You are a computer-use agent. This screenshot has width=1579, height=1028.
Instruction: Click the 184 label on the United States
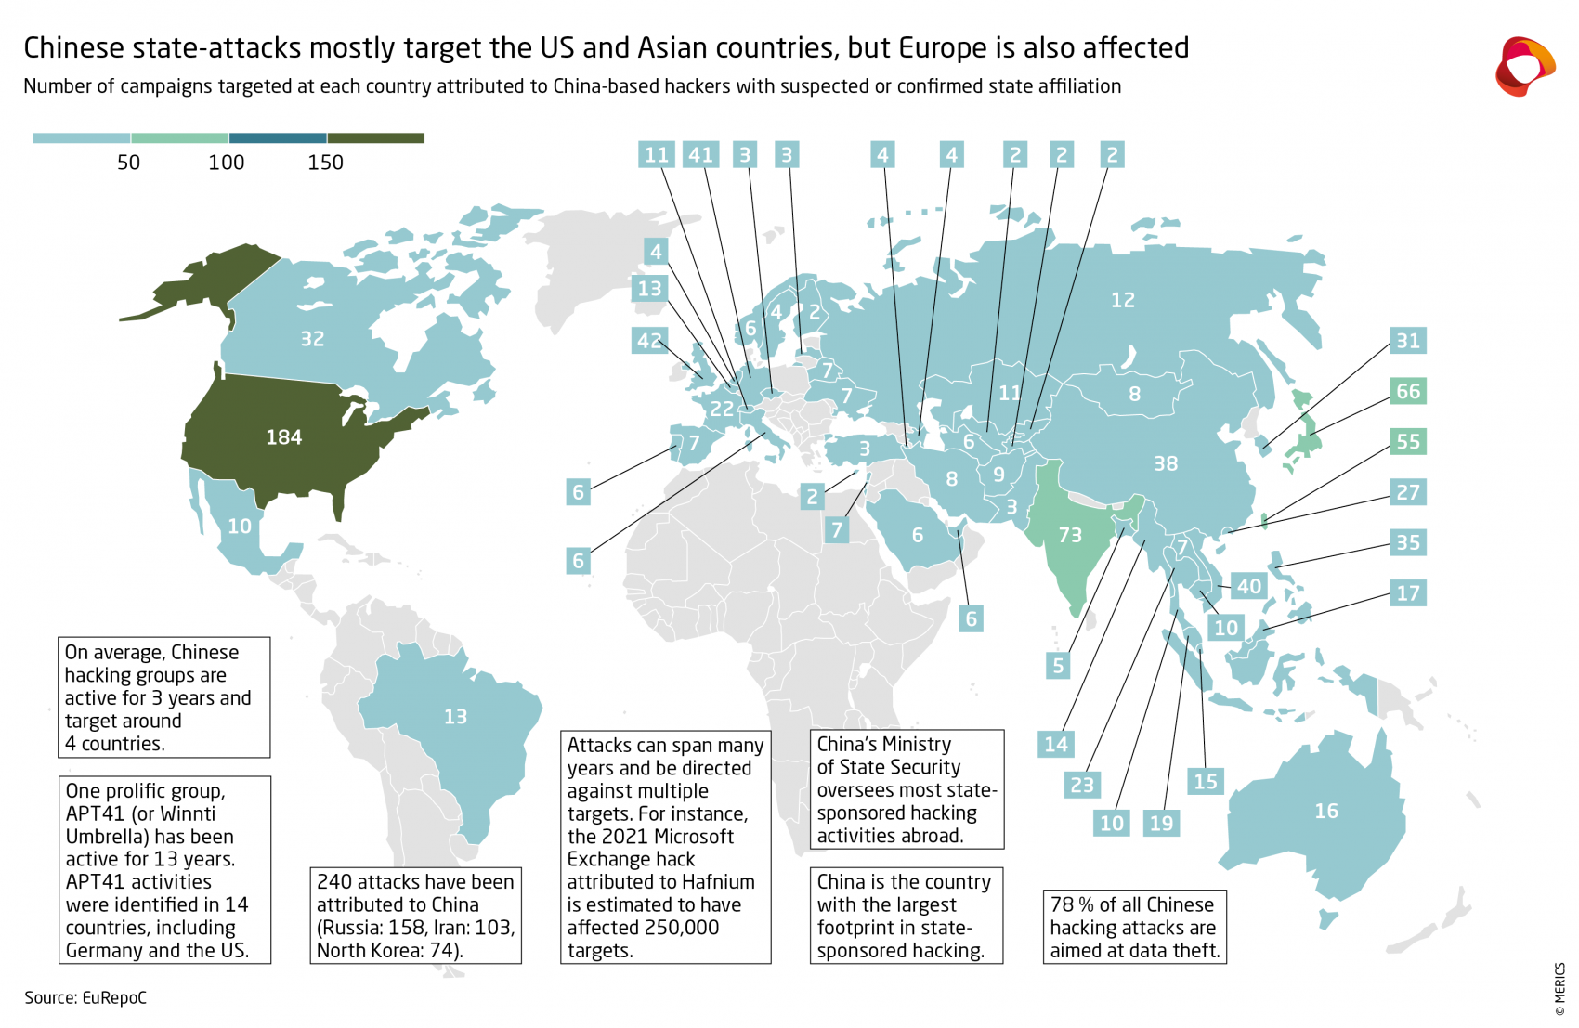coord(283,437)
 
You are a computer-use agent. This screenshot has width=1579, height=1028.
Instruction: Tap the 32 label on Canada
coord(312,339)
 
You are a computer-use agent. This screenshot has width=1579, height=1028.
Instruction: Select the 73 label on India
coord(1070,535)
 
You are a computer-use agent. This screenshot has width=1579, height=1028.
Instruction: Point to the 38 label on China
coord(1166,463)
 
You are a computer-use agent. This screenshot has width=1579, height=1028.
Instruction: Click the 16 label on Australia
coord(1326,811)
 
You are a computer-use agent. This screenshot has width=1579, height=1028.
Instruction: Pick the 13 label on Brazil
coord(455,717)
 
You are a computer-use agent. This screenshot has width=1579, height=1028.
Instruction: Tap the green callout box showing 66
coord(1408,391)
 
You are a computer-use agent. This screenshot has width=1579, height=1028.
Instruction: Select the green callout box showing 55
coord(1408,441)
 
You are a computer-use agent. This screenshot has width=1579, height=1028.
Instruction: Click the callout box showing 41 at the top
coord(700,155)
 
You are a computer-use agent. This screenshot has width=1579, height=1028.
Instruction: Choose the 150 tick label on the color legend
coord(325,163)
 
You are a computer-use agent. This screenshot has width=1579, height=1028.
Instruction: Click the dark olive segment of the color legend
coord(376,138)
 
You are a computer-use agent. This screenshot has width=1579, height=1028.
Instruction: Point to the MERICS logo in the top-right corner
coord(1524,66)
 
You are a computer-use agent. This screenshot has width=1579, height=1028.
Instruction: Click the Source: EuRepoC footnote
coord(85,997)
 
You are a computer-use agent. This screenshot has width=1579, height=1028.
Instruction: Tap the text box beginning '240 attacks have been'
coord(415,916)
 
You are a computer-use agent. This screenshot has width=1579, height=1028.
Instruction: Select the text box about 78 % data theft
coord(1134,927)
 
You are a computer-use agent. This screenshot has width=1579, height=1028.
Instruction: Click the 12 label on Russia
coord(1123,300)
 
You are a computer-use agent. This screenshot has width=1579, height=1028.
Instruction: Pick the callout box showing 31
coord(1408,341)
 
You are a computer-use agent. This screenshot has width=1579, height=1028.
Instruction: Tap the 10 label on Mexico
coord(240,527)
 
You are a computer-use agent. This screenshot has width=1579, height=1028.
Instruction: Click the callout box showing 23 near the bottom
coord(1082,785)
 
